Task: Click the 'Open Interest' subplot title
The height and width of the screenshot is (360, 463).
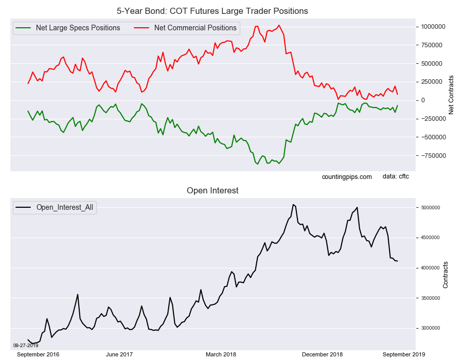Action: tap(212, 191)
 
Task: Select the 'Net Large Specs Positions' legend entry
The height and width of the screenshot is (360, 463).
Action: tap(78, 28)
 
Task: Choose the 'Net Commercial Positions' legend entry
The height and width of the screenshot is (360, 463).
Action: tap(195, 28)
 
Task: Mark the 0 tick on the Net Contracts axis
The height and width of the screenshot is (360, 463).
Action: tap(423, 100)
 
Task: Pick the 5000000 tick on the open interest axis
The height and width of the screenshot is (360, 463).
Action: tap(431, 208)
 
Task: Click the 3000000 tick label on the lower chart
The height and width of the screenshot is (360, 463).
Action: tap(431, 328)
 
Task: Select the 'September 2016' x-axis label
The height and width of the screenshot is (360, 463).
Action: tap(38, 354)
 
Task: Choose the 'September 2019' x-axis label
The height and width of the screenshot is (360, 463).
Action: tap(404, 354)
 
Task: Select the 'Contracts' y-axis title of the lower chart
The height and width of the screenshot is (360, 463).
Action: tap(446, 275)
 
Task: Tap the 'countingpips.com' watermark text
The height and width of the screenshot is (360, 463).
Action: tap(347, 176)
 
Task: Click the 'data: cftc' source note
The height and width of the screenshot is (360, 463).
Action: tap(396, 176)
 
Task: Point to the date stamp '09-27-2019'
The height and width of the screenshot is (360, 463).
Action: tap(25, 346)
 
